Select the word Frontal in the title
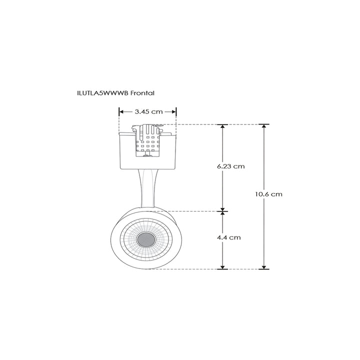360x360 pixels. [145, 93]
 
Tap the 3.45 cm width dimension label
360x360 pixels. [148, 112]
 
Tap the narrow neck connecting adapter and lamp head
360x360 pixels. [147, 187]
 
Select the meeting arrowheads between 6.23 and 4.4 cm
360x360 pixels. [222, 210]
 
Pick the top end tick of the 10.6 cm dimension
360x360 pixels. [263, 124]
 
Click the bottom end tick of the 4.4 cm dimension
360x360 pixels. [222, 269]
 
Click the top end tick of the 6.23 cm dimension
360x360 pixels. [222, 124]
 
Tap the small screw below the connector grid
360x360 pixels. [146, 156]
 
